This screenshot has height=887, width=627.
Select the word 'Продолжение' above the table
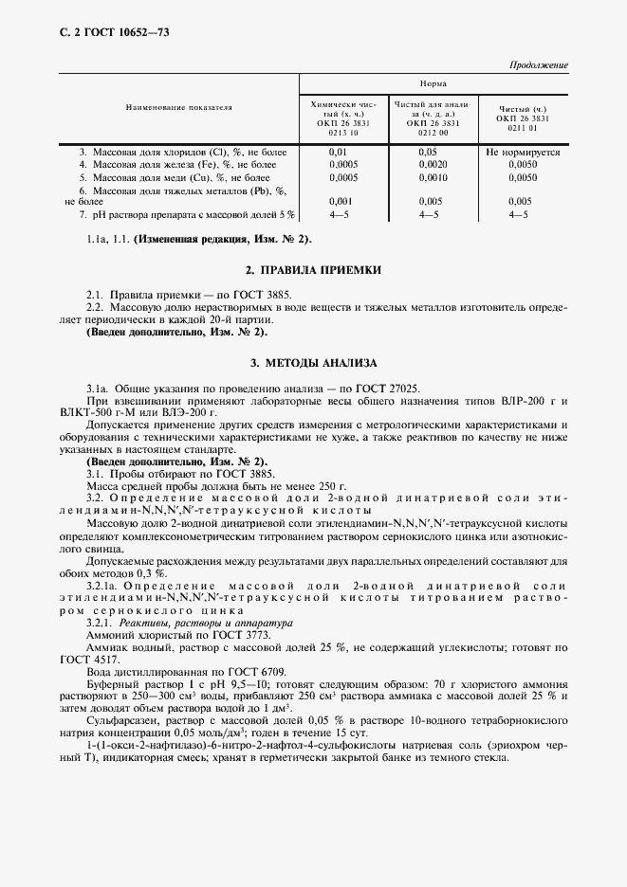click(540, 65)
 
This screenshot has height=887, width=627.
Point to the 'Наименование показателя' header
click(179, 107)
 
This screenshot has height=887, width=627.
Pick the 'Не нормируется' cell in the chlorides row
click(522, 151)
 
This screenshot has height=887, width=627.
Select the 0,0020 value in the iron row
click(432, 164)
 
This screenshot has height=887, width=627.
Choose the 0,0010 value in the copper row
click(432, 177)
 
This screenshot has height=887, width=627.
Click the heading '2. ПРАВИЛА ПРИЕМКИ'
click(313, 270)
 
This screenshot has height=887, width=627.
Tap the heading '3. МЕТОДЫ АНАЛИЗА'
click(313, 363)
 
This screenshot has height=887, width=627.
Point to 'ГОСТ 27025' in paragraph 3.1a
click(388, 389)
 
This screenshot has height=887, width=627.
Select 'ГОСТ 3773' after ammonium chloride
click(217, 635)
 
